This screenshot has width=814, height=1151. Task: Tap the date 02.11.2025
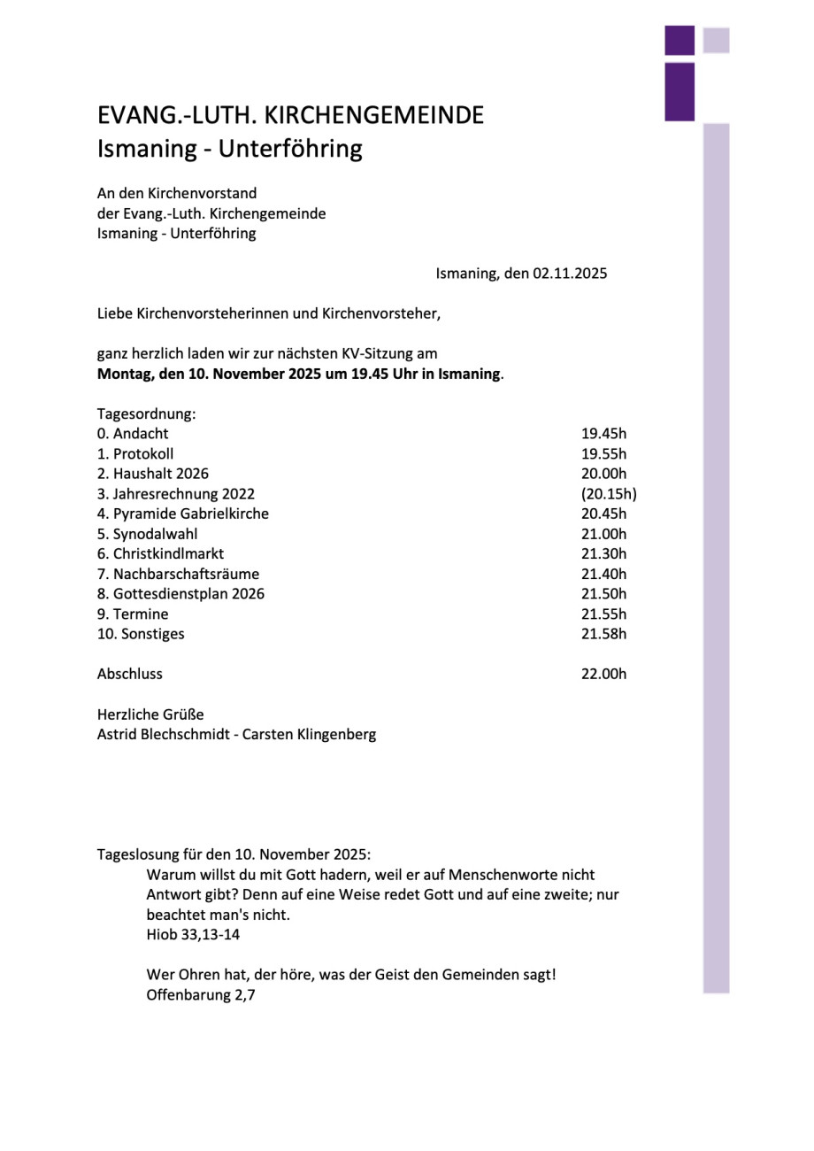(x=570, y=274)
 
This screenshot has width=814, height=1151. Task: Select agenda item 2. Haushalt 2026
(x=153, y=474)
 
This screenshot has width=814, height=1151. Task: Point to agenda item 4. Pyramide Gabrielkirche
(x=183, y=514)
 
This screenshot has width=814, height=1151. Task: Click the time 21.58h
(x=603, y=634)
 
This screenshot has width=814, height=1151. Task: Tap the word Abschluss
(x=130, y=674)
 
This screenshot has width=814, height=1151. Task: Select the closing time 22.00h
(x=603, y=674)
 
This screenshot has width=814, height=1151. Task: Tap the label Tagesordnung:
(x=146, y=413)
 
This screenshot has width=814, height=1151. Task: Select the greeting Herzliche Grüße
(x=150, y=715)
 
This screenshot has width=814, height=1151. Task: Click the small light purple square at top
(x=716, y=41)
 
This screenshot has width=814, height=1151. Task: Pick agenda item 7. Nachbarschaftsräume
(x=179, y=574)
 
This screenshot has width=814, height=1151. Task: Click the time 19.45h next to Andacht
(x=603, y=434)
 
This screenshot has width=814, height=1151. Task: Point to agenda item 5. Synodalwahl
(x=148, y=534)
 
